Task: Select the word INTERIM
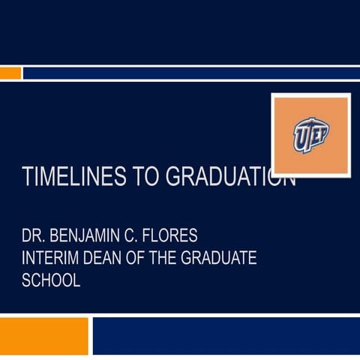(x=49, y=260)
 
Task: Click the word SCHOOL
(x=51, y=280)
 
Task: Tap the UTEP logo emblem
(x=310, y=135)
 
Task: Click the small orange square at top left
(x=10, y=73)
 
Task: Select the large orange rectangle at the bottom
(x=44, y=335)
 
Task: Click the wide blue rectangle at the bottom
(x=226, y=335)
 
